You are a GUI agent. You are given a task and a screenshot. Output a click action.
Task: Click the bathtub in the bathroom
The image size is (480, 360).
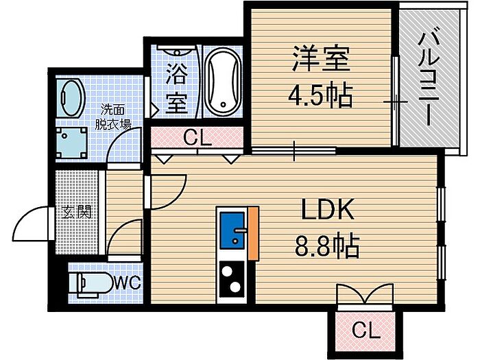coord(223,82)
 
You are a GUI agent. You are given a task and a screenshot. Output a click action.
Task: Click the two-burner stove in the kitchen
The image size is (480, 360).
coord(233,280)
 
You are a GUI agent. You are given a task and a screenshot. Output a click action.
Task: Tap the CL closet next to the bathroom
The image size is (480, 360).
coord(197,138)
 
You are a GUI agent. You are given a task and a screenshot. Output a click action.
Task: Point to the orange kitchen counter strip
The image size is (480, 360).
coord(254,233)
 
